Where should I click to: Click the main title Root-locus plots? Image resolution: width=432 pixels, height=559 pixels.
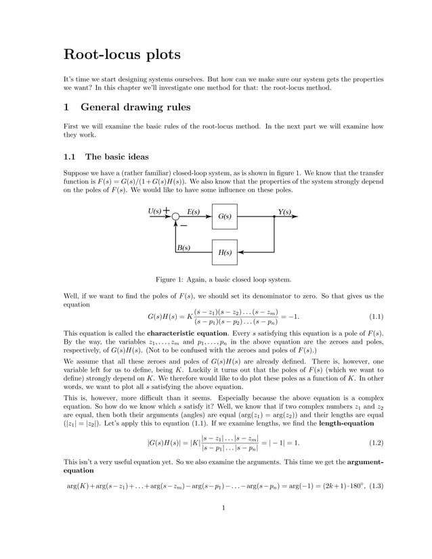coord(122,55)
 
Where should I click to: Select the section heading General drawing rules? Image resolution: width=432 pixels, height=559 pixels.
coord(135,107)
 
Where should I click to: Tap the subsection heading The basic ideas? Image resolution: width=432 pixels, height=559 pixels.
coord(116,156)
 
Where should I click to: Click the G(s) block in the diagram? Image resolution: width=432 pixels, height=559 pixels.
coord(225,217)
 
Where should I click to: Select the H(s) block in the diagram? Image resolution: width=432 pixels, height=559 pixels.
coord(225,252)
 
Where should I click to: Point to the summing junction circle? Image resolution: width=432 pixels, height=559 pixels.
coord(175,217)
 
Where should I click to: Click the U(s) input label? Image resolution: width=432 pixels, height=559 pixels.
coord(155,212)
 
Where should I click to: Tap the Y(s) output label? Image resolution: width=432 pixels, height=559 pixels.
coord(284,212)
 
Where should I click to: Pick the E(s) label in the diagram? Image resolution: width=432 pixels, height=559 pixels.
coord(194,212)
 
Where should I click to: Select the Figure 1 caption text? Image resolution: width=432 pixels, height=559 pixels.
coord(223,279)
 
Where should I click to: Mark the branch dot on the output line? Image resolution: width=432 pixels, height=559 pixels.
coord(274,217)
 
